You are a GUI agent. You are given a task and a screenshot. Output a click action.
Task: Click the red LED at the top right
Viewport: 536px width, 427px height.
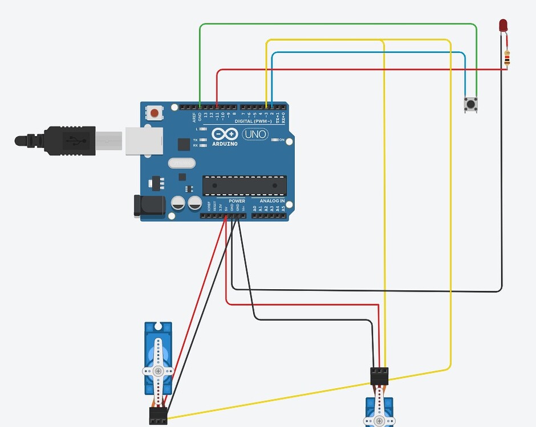503,26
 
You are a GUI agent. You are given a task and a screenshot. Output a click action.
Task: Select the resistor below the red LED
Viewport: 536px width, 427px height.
507,58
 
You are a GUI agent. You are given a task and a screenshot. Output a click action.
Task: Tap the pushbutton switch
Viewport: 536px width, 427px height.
470,104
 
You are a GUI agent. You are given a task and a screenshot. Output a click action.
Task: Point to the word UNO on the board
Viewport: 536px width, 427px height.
255,134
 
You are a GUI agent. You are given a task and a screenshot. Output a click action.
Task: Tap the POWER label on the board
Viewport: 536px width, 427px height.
237,201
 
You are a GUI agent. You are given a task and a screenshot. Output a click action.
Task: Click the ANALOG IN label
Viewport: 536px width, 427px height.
272,201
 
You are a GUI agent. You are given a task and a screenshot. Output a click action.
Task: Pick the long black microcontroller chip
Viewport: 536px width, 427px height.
245,185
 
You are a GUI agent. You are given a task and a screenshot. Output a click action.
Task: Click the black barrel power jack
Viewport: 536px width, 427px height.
149,206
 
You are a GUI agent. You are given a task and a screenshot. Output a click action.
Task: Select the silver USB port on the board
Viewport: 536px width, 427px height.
144,141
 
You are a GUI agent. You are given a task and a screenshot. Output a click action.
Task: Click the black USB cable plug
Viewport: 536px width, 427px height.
68,140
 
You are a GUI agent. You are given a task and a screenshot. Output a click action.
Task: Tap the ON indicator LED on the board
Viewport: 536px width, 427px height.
274,139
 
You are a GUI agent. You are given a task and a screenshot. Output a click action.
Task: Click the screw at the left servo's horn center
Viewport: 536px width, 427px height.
158,371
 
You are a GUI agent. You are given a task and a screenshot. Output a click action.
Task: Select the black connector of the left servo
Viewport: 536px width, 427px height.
158,415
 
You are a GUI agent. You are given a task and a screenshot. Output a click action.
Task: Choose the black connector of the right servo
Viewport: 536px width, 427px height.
379,375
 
